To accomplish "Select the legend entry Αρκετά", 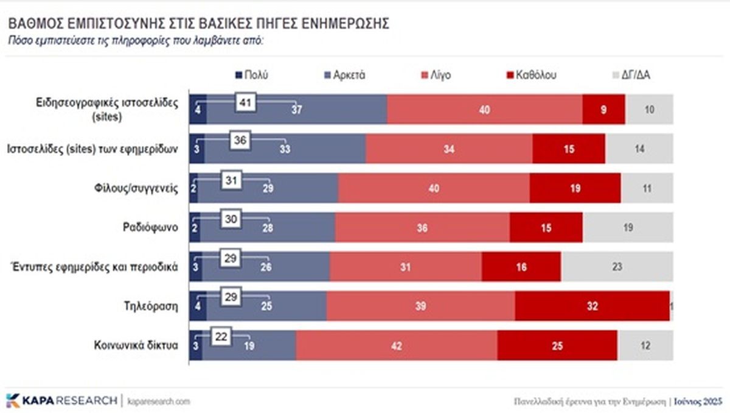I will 344,76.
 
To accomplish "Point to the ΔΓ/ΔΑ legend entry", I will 632,76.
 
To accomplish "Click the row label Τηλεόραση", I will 152,306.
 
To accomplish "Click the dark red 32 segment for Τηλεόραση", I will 592,306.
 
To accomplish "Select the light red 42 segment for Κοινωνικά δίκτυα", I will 397,345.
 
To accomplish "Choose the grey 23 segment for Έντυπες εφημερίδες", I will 617,267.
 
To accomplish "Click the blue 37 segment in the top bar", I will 297,110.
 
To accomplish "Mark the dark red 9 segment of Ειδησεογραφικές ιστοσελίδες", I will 603,110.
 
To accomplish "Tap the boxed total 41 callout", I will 246,102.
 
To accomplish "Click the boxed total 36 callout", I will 239,141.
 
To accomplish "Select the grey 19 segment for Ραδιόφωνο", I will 628,227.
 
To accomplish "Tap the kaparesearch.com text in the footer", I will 159,401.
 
